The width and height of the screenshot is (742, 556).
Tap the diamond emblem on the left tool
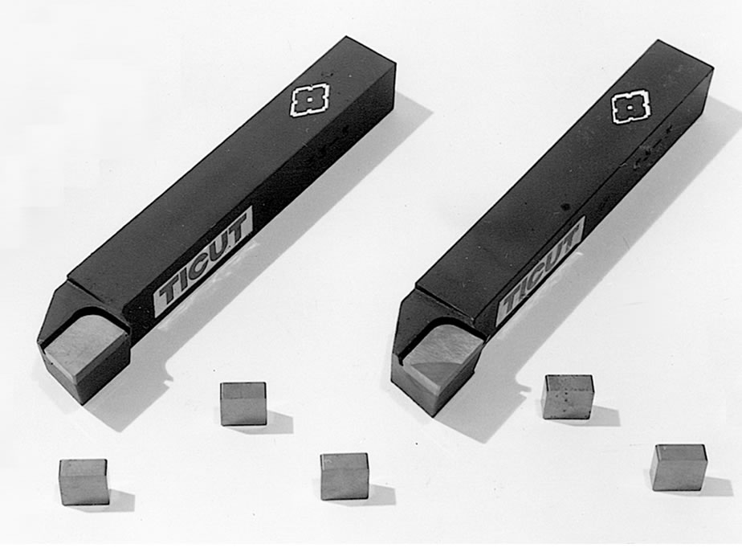[x=309, y=100]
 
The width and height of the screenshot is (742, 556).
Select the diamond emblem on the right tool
[x=631, y=108]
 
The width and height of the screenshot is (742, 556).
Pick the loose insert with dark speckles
[x=568, y=397]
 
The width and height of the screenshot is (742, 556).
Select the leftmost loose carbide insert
[x=84, y=481]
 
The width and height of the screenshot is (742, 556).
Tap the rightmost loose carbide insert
[x=679, y=468]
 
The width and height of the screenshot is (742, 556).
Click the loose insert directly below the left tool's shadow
[x=243, y=403]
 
